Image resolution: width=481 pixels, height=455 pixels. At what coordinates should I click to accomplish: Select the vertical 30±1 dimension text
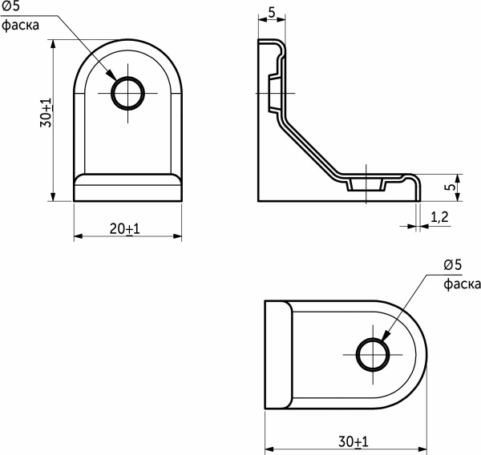coord(46,115)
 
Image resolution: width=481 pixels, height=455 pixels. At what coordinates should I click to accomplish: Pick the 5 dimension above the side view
coord(272,13)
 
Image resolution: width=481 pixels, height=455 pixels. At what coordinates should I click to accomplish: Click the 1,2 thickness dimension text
coord(439,217)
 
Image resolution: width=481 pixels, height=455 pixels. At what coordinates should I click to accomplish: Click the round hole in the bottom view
coord(371,354)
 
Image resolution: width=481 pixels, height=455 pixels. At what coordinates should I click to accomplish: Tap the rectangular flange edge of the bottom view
coord(277,354)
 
